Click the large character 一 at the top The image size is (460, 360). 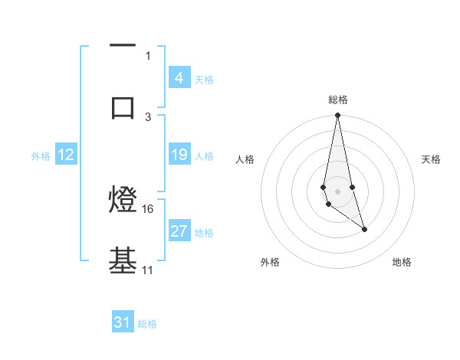click(x=123, y=46)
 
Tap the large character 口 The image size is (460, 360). click(x=123, y=107)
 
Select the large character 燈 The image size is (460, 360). click(x=123, y=201)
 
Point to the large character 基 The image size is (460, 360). click(x=123, y=260)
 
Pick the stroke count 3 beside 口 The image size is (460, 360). click(x=148, y=116)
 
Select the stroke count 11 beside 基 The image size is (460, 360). click(x=148, y=270)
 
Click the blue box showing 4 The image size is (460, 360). click(x=179, y=77)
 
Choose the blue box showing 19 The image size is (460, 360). click(x=179, y=155)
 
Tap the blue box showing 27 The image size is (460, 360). click(x=179, y=231)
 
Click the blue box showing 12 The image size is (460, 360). click(x=66, y=155)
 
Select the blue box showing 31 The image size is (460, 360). click(x=123, y=322)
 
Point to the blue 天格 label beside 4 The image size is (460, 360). click(x=204, y=79)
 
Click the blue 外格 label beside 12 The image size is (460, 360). click(x=41, y=155)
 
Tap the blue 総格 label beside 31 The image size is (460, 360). click(x=147, y=324)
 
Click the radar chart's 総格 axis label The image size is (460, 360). click(x=338, y=100)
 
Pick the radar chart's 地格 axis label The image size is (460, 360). click(x=402, y=262)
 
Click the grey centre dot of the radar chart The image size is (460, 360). click(x=338, y=191)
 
